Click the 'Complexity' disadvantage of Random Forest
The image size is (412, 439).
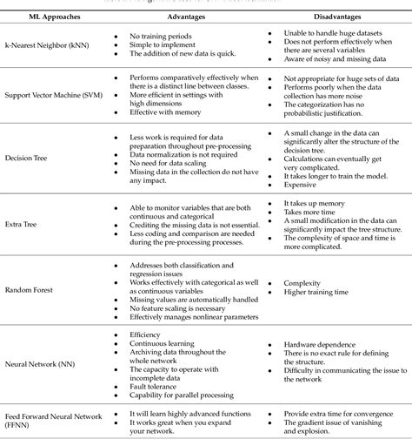(302, 282)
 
